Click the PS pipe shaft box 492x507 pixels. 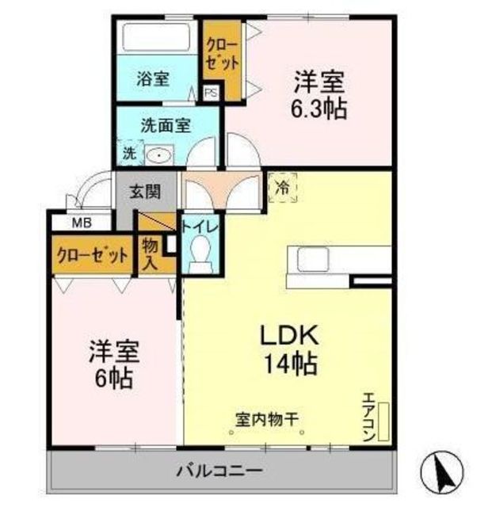(212, 93)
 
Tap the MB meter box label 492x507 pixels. (82, 223)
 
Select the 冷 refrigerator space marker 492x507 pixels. (283, 188)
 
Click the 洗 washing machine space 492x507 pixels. (130, 153)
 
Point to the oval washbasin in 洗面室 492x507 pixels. (159, 155)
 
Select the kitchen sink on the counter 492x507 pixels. (313, 259)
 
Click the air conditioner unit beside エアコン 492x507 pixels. (383, 421)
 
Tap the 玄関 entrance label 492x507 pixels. (145, 193)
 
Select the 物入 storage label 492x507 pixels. (150, 254)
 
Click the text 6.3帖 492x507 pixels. (319, 109)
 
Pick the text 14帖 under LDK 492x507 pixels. (291, 364)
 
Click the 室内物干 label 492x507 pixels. (267, 420)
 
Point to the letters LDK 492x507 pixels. (289, 335)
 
